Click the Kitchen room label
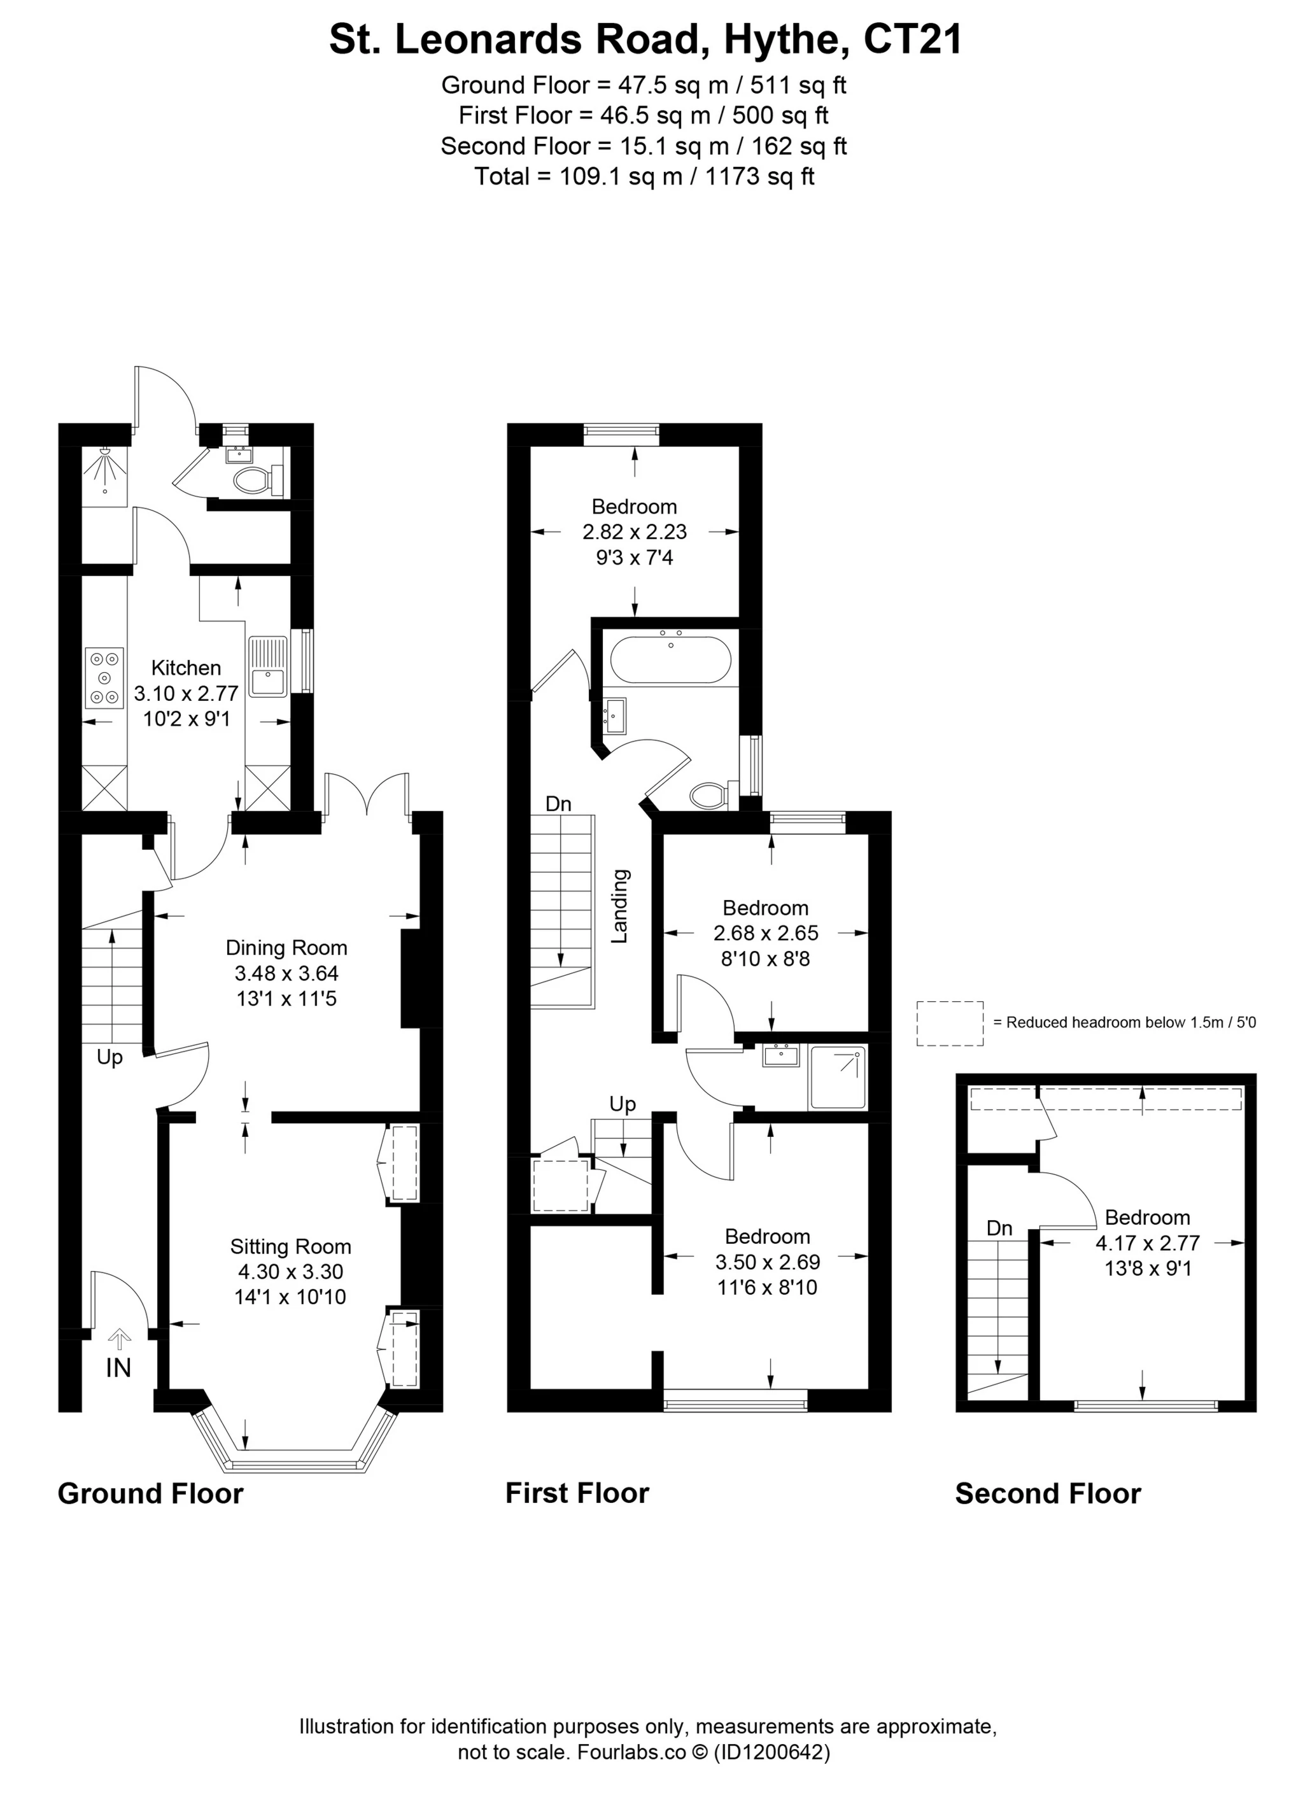(x=186, y=667)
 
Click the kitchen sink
(x=268, y=667)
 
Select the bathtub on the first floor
(x=671, y=660)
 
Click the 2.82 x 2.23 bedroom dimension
(x=635, y=532)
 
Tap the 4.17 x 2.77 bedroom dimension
(x=1147, y=1242)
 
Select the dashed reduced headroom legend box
(x=950, y=1024)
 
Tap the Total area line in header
(x=644, y=176)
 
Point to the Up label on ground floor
(x=110, y=1058)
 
